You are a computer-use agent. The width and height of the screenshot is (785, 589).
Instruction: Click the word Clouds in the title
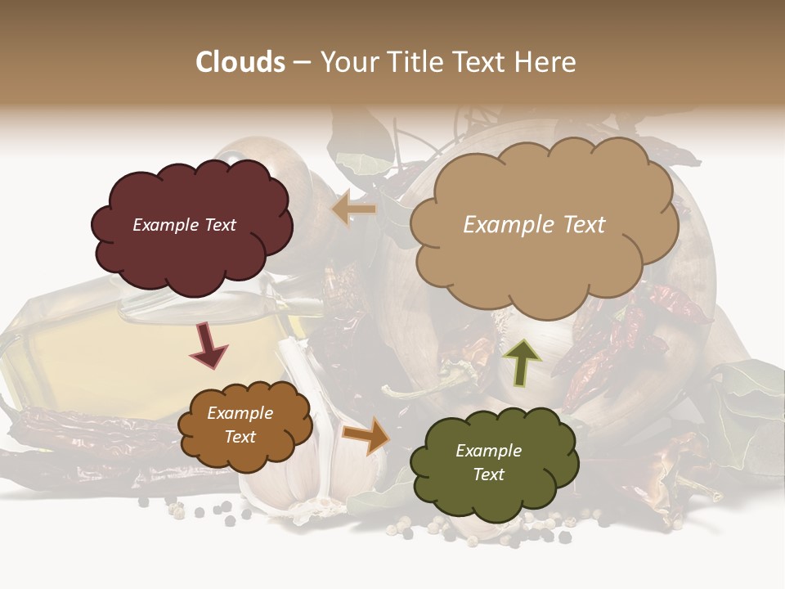[x=240, y=62]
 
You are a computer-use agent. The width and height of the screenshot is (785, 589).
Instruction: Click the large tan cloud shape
[x=540, y=262]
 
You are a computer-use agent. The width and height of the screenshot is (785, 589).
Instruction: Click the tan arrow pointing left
[x=354, y=209]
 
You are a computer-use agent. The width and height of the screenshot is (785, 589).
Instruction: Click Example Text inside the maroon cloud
[x=184, y=225]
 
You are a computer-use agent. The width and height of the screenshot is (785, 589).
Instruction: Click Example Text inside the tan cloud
[x=534, y=225]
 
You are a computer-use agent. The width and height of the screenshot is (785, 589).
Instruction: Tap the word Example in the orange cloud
[x=240, y=413]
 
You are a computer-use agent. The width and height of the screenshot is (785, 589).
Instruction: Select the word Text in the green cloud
[x=488, y=474]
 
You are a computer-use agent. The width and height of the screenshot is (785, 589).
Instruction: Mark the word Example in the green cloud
[x=488, y=451]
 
